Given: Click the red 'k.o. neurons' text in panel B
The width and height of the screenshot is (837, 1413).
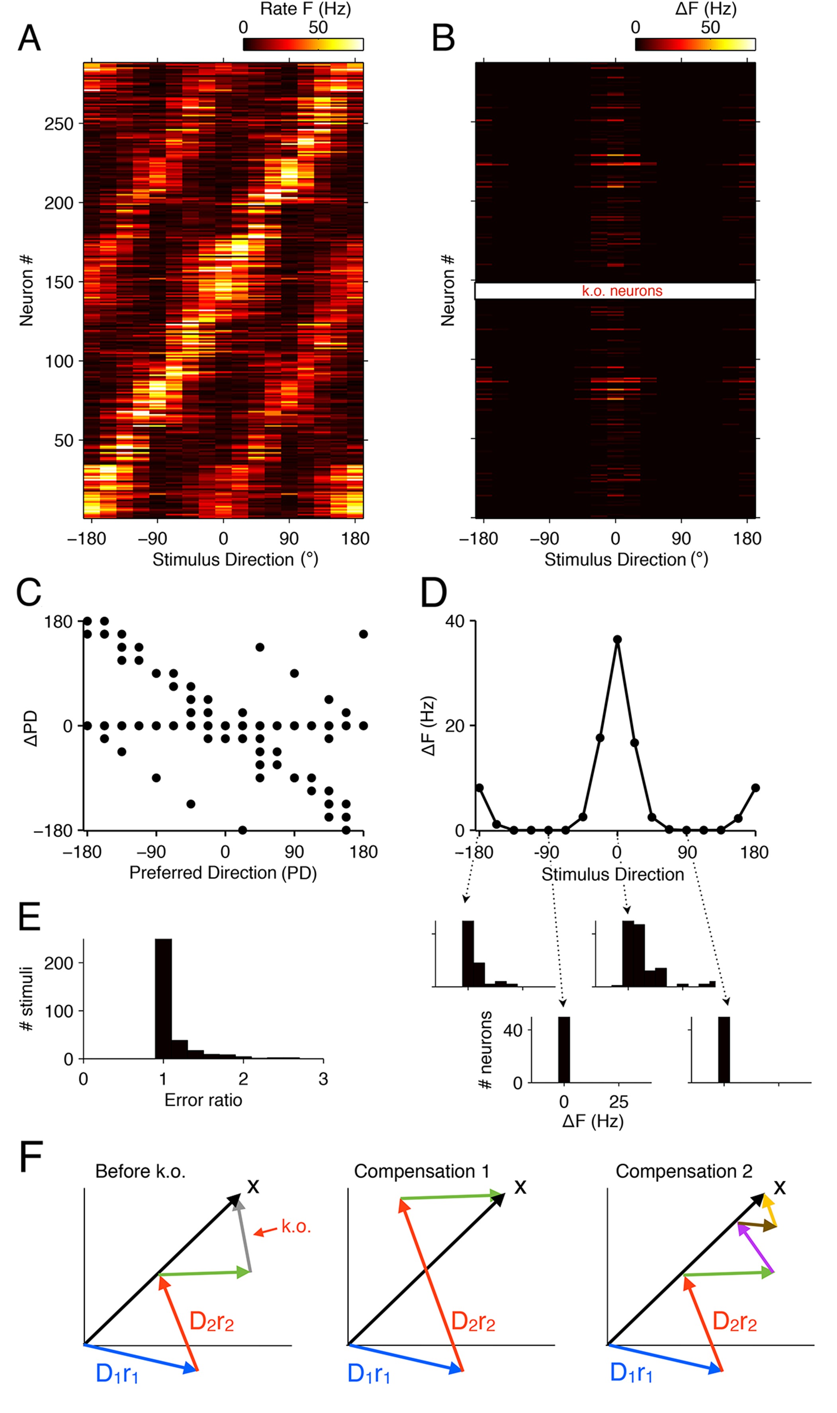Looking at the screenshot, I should coord(622,291).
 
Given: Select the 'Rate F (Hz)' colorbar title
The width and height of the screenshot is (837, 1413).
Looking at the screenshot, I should coord(305,9).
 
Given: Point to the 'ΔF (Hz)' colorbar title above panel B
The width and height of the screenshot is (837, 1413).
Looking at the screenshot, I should coord(706,9).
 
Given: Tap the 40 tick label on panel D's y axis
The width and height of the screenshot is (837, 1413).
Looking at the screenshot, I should coord(455,621).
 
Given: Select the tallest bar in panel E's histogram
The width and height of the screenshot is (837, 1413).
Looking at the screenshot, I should coord(164,998).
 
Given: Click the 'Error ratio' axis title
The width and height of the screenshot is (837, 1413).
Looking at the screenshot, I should coord(203,1100).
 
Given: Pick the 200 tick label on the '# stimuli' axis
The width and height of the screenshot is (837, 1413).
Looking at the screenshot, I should coord(59,963).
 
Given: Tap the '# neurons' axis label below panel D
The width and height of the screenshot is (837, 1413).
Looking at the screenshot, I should coord(485,1050).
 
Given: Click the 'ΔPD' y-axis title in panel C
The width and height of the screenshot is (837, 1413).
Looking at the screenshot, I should coord(31,728).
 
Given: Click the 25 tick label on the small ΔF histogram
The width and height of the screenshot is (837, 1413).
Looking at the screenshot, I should coord(619,1101).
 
